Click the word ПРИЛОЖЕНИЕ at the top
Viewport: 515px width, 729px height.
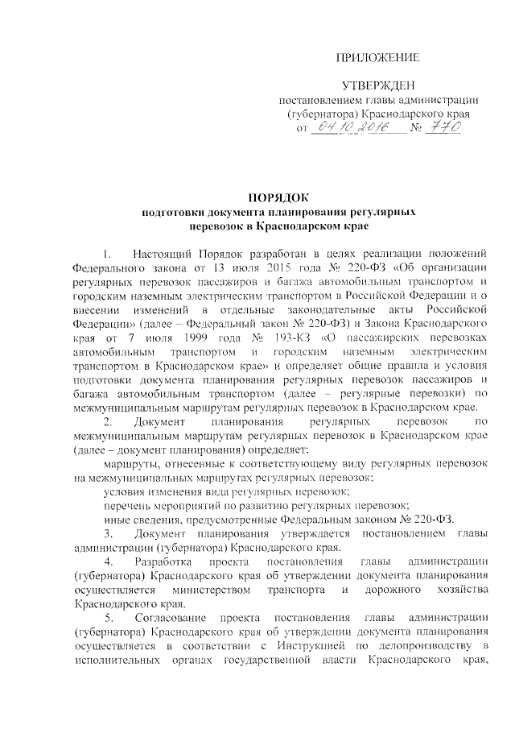[x=377, y=57]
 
